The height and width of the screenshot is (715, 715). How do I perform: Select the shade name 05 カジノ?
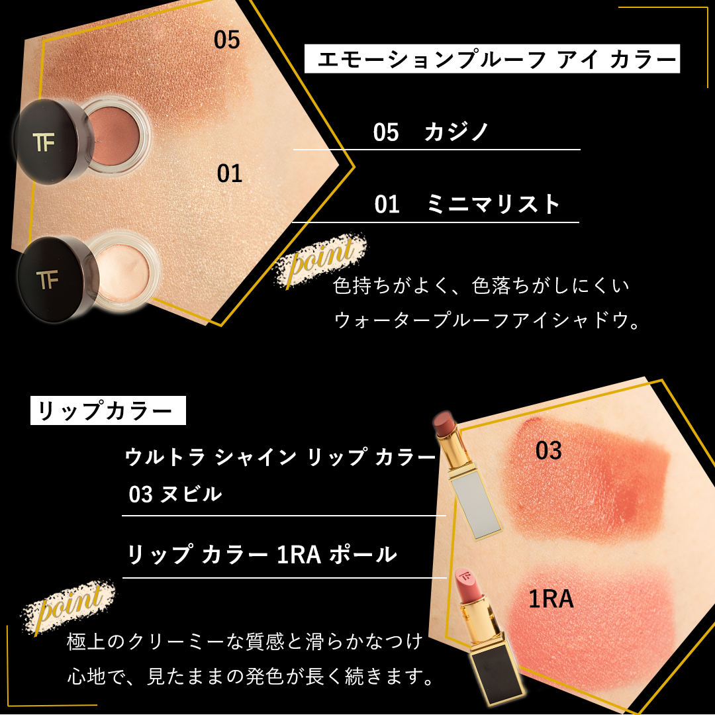point(431,132)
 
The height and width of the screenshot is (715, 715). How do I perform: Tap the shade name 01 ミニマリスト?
point(467,204)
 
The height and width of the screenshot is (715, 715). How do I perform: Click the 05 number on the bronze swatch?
point(226,40)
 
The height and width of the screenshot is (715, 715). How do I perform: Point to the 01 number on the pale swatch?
point(230,174)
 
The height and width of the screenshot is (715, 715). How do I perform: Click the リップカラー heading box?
point(108,411)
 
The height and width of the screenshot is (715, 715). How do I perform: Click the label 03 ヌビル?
point(175,494)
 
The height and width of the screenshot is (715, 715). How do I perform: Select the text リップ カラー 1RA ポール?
point(262,555)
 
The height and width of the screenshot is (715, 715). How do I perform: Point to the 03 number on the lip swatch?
point(548,452)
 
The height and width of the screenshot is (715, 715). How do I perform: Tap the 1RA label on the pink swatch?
point(551,600)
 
